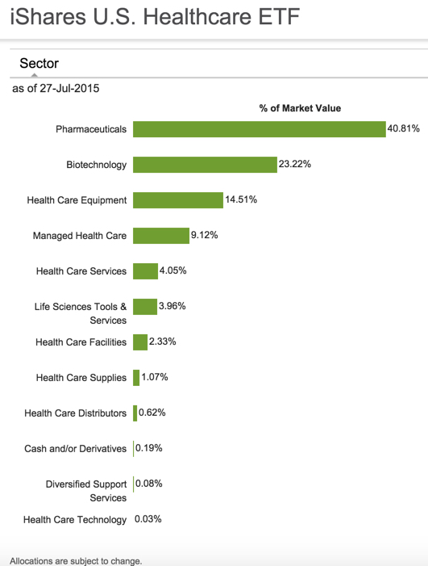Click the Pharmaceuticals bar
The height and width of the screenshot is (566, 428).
tap(260, 129)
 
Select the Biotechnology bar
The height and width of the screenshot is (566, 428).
tap(205, 165)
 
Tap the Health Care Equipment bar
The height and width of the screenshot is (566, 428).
tap(177, 200)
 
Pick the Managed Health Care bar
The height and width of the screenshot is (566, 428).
tap(160, 236)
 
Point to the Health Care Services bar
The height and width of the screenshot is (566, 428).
tap(145, 271)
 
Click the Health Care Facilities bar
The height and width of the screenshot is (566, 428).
tap(140, 342)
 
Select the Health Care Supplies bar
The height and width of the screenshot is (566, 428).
tap(136, 378)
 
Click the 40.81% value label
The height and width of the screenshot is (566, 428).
tap(404, 128)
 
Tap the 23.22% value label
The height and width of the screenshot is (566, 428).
tap(295, 164)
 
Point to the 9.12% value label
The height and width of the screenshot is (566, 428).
tap(204, 235)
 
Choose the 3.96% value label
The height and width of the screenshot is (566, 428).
tap(173, 306)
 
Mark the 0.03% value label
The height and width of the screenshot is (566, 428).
tap(148, 519)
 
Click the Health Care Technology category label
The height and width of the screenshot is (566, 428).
tap(75, 520)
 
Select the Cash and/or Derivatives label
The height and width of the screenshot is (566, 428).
tap(76, 449)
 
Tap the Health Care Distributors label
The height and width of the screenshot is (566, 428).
tap(76, 413)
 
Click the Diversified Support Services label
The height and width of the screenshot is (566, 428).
tap(86, 491)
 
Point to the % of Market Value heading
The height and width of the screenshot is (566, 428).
tap(300, 108)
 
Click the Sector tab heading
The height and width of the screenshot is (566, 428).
tap(39, 63)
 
